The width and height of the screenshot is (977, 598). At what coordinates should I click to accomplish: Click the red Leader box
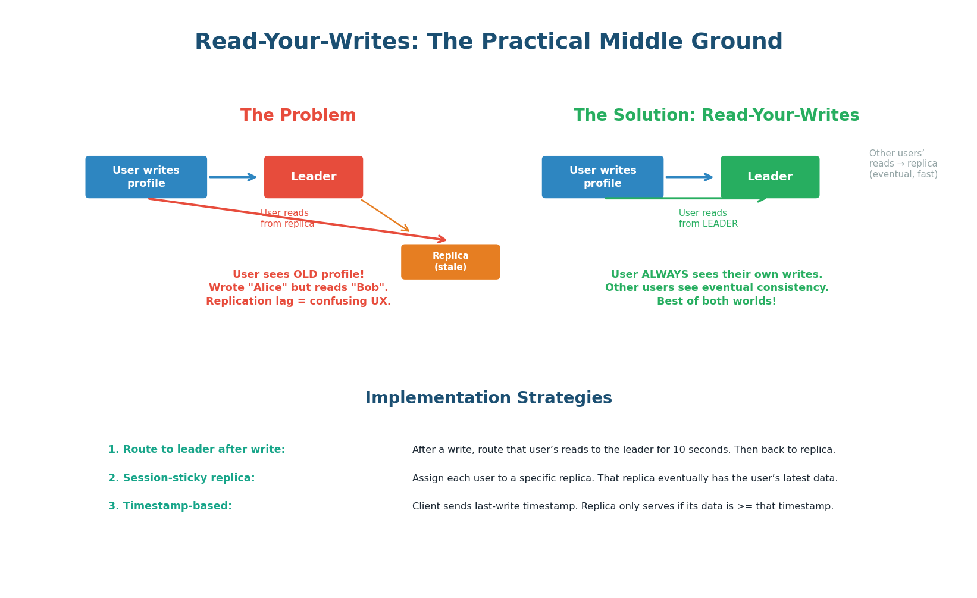(314, 177)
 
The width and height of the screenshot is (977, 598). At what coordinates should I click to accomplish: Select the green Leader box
(770, 177)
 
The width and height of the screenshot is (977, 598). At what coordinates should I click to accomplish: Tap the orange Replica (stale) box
(450, 262)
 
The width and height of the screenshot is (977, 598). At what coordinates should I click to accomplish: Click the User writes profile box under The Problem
(146, 177)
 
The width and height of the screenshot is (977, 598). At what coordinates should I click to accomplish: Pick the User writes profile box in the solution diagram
(603, 177)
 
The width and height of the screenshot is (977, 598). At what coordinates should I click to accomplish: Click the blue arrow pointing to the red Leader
(233, 177)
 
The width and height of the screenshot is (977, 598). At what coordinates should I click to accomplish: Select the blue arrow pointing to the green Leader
(689, 177)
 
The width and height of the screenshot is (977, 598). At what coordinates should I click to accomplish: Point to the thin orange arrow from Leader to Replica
(385, 215)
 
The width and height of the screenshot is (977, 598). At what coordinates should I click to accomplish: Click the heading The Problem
(298, 115)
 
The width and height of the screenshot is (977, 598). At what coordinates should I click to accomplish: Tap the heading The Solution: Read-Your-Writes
(716, 115)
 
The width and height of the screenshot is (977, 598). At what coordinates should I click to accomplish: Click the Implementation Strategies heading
(488, 398)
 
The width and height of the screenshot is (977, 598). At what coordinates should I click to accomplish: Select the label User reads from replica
(287, 218)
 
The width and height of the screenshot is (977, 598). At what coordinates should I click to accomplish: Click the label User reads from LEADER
(708, 218)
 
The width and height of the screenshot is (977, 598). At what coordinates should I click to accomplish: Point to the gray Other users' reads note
(903, 164)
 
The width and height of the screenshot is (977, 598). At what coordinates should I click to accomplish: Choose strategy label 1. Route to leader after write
(196, 450)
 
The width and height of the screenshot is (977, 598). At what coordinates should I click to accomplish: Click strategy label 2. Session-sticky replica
(181, 478)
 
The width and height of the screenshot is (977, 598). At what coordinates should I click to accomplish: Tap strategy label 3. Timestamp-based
(170, 506)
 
